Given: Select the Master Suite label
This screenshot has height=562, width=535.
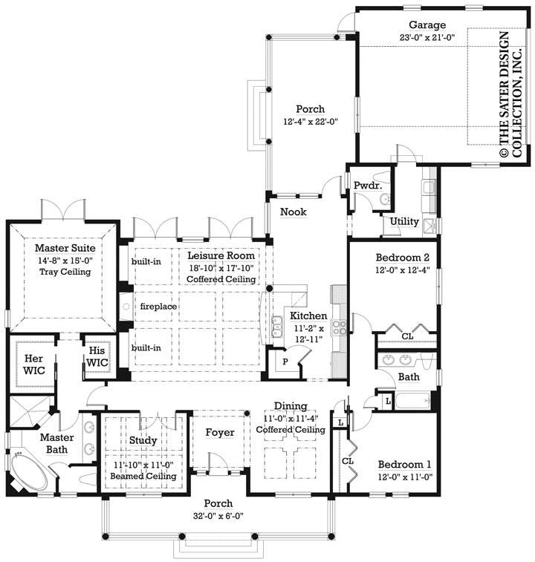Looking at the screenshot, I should [x=61, y=247].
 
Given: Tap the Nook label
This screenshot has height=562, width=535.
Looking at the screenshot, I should [x=294, y=212].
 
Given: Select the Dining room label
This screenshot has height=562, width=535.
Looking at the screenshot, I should [x=291, y=405].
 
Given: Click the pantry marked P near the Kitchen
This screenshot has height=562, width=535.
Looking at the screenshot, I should [x=284, y=362].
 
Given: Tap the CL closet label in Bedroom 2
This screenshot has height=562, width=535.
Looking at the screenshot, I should [x=407, y=336].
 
